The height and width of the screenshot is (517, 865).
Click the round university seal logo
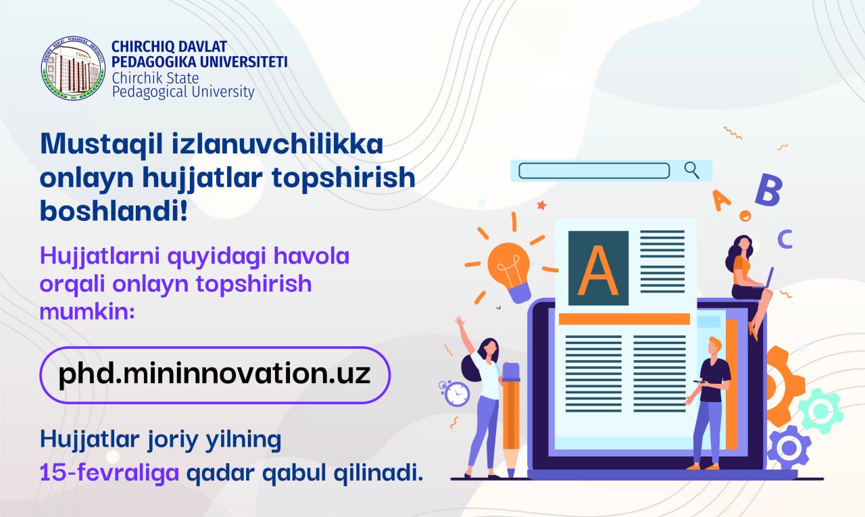tap(74, 68)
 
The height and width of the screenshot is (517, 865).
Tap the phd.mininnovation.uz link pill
tap(215, 375)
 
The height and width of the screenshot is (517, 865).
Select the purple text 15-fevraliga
tap(109, 472)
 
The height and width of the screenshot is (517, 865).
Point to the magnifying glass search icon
tap(691, 170)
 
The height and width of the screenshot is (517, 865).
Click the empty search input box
tap(594, 171)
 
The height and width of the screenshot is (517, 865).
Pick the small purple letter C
tap(785, 239)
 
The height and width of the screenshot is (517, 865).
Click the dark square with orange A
tap(598, 268)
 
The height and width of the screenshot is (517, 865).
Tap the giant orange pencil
tap(510, 419)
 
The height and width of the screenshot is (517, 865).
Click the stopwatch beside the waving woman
tap(455, 394)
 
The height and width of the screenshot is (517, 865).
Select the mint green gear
tap(820, 411)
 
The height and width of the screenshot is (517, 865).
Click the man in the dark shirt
tap(709, 403)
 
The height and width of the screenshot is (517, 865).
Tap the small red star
tap(542, 205)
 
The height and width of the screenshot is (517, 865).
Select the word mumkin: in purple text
tap(87, 312)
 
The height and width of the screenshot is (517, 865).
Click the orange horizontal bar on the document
tap(624, 319)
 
